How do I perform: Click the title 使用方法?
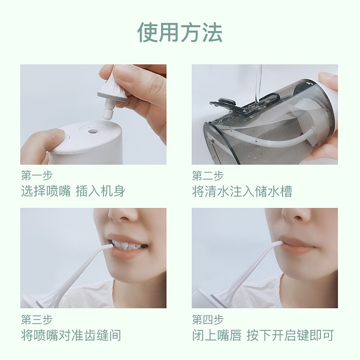point(180,32)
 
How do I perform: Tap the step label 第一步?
point(37,175)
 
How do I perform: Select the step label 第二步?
point(208,175)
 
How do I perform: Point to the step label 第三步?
point(37,319)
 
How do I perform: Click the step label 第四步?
point(208,319)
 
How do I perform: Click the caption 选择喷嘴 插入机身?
point(73,191)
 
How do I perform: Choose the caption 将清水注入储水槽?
point(242,191)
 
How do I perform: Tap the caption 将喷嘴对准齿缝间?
point(71,335)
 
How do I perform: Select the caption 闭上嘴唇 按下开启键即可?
point(263,335)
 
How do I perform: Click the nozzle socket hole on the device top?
point(93,131)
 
